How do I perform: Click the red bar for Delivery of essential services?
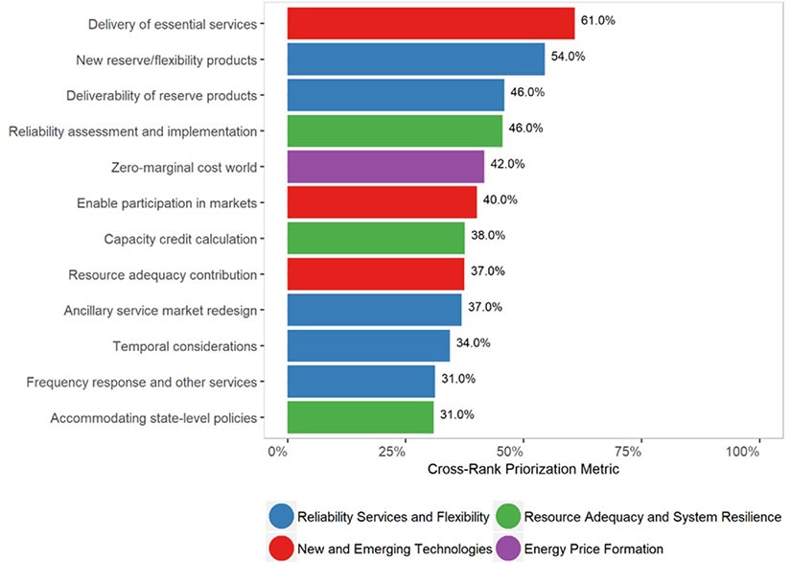pyautogui.click(x=430, y=24)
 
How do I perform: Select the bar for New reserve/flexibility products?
pyautogui.click(x=415, y=59)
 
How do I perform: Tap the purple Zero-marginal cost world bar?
pyautogui.click(x=385, y=166)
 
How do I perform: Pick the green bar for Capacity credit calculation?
pyautogui.click(x=376, y=238)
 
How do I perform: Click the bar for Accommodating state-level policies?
pyautogui.click(x=360, y=417)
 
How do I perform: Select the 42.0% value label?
pyautogui.click(x=508, y=164)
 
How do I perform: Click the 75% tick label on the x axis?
pyautogui.click(x=640, y=452)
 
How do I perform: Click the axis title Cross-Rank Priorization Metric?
pyautogui.click(x=523, y=471)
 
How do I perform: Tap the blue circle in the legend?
pyautogui.click(x=282, y=517)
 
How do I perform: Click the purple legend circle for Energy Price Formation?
pyautogui.click(x=507, y=548)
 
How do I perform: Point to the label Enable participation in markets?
pyautogui.click(x=167, y=202)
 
